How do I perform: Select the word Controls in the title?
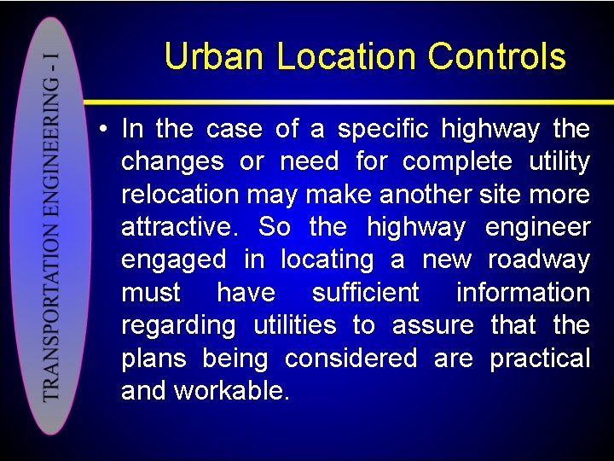tap(497, 57)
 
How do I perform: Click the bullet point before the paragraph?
tap(101, 130)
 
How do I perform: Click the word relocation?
tap(180, 195)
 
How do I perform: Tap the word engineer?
tap(537, 227)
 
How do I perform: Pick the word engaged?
tap(174, 260)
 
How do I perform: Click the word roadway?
tap(539, 260)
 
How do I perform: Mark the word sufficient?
tap(366, 293)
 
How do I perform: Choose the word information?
tap(523, 293)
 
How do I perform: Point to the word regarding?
tap(178, 325)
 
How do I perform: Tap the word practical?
tap(540, 358)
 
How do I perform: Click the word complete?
tap(457, 162)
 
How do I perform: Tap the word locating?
tap(329, 260)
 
